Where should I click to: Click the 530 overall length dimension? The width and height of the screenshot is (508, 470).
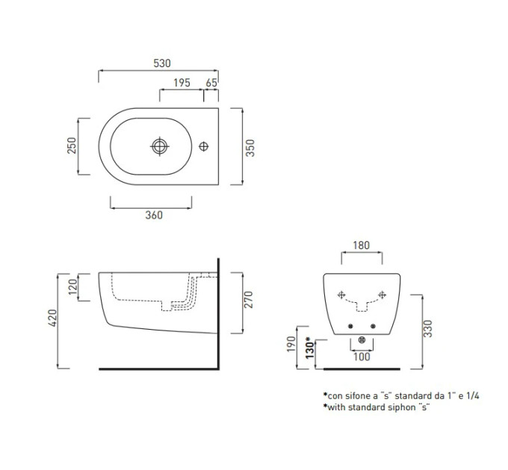tap(162, 63)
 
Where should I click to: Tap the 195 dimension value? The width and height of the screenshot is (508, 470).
tap(182, 83)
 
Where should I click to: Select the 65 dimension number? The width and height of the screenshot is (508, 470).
tap(211, 83)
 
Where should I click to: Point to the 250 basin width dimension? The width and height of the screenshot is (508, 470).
tap(72, 145)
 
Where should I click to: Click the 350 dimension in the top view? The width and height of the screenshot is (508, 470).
tap(250, 148)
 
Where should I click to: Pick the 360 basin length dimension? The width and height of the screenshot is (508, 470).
tap(154, 215)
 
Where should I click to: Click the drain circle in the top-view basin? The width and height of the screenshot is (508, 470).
tap(160, 146)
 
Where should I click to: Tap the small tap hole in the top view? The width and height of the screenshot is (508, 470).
tap(203, 146)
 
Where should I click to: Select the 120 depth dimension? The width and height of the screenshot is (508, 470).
tap(73, 286)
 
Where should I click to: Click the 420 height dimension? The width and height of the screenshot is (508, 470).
tap(52, 318)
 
